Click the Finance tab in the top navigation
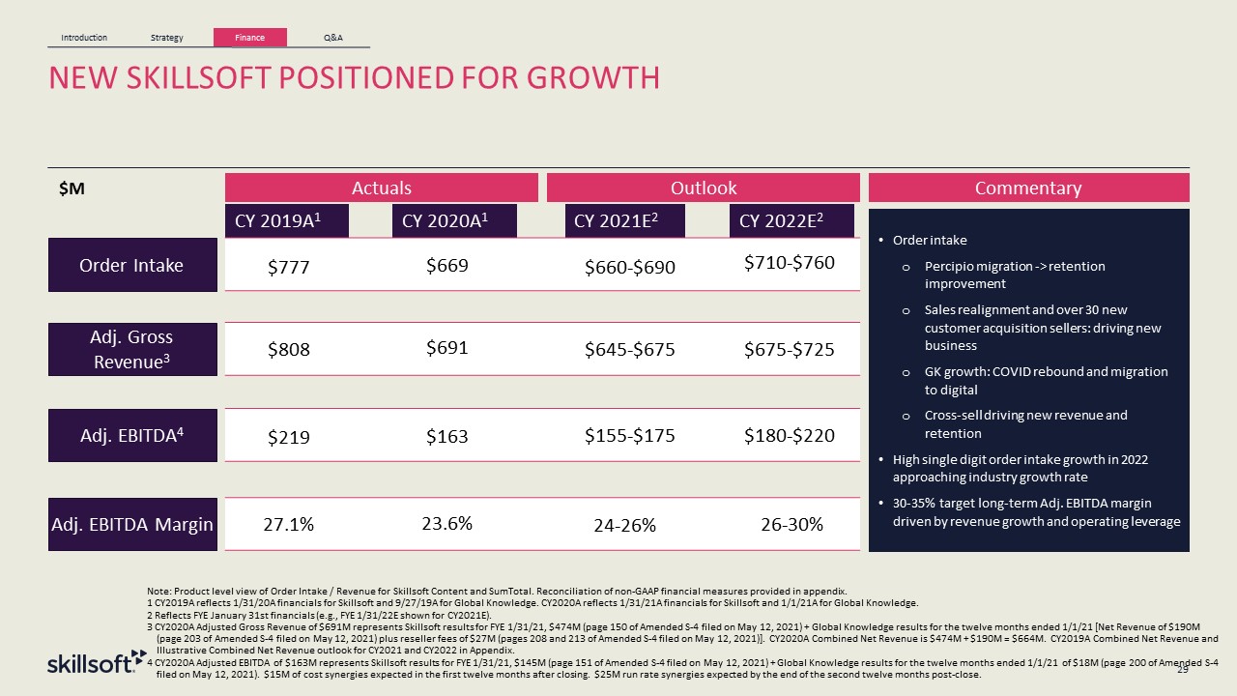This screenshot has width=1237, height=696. tap(250, 38)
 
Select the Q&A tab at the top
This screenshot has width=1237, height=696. tap(332, 38)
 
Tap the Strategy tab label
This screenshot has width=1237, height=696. tap(167, 38)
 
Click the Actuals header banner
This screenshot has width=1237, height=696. tap(381, 188)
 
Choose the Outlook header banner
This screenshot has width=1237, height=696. tap(704, 188)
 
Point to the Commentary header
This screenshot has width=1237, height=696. tap(1028, 188)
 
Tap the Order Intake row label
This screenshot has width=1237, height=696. tap(132, 265)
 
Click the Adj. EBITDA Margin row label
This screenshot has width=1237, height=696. tap(132, 525)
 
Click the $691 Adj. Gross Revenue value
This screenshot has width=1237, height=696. tap(447, 349)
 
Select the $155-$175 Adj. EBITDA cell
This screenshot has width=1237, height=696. tap(629, 436)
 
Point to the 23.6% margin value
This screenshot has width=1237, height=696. tap(447, 524)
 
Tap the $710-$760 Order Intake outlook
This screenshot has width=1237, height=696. tap(790, 263)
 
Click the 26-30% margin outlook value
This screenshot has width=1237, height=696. tap(791, 525)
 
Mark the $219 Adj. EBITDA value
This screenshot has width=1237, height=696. tap(288, 438)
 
